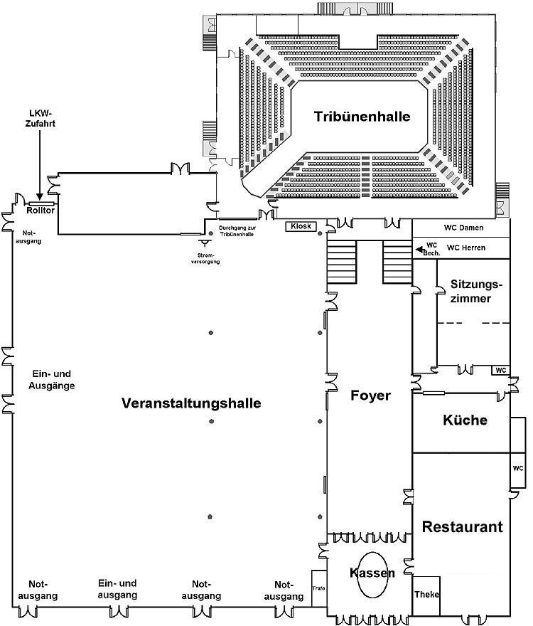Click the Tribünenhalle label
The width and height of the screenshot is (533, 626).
[x=362, y=117]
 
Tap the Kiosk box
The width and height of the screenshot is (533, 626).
[x=299, y=226]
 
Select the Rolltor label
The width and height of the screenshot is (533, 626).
[x=41, y=211]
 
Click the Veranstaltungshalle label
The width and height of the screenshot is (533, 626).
[x=191, y=403]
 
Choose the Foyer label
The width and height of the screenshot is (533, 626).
[x=370, y=396]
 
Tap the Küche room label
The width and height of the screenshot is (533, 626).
[x=464, y=420]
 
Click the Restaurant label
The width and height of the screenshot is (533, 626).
[x=462, y=527]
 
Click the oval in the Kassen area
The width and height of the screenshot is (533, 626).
[x=372, y=575]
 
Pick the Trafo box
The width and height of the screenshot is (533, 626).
[x=318, y=588]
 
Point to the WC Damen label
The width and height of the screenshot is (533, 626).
[x=463, y=228]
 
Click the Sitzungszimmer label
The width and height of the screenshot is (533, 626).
[x=476, y=292]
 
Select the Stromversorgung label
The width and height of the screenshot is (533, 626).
[x=205, y=258]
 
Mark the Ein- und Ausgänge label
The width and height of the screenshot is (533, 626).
[x=53, y=380]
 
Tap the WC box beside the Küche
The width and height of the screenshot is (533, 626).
[x=518, y=468]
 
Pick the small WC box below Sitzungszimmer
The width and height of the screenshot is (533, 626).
[x=500, y=370]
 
